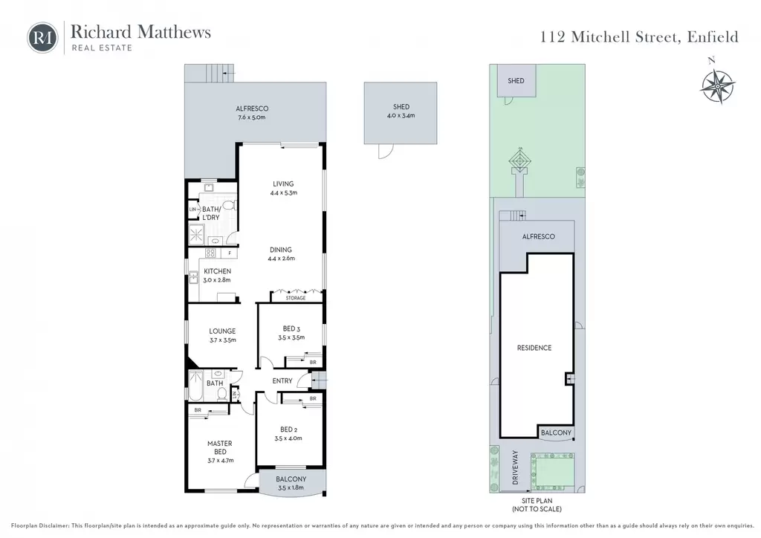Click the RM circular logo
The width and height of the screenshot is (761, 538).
click(42, 37)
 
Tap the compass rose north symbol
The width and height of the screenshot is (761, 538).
click(718, 85)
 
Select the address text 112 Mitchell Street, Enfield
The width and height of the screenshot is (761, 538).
click(639, 37)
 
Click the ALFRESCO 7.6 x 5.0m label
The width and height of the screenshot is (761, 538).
click(252, 112)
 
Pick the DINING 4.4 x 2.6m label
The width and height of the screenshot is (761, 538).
click(281, 253)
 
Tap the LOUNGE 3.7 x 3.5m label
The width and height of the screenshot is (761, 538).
click(223, 335)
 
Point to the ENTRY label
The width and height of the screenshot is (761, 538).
click(282, 380)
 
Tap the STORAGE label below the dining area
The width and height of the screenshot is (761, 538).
click(296, 298)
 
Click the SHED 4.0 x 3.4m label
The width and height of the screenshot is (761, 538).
click(401, 111)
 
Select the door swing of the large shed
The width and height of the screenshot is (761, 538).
click(386, 152)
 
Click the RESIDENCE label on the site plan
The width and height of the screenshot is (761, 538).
click(534, 348)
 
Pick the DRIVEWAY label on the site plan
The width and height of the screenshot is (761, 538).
click(516, 467)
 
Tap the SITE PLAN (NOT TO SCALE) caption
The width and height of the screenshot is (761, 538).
click(537, 505)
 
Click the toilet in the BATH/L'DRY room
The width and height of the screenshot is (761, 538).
click(230, 205)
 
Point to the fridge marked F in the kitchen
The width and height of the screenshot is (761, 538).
click(230, 253)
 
